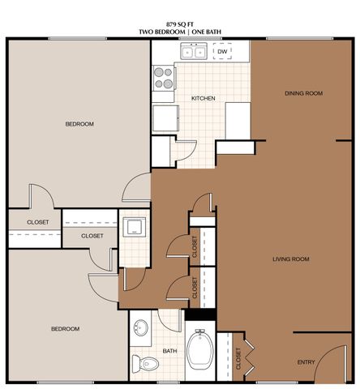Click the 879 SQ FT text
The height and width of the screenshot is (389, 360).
[x=179, y=24]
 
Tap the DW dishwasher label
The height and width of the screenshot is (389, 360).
[x=223, y=52]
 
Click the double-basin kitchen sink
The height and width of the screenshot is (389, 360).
[x=193, y=53]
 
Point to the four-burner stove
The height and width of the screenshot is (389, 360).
[x=164, y=77]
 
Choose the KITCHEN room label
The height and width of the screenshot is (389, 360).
[x=203, y=98]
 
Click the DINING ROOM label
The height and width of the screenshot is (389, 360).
[x=304, y=93]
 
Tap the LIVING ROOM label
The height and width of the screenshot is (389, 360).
[x=290, y=259]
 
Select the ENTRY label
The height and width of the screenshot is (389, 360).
[x=306, y=362]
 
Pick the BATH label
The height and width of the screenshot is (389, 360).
[x=169, y=351]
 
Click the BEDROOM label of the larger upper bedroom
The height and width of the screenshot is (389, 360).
[x=79, y=123]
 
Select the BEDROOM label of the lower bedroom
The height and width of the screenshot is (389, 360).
[x=65, y=328]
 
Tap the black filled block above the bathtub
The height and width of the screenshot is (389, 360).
[x=200, y=314]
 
